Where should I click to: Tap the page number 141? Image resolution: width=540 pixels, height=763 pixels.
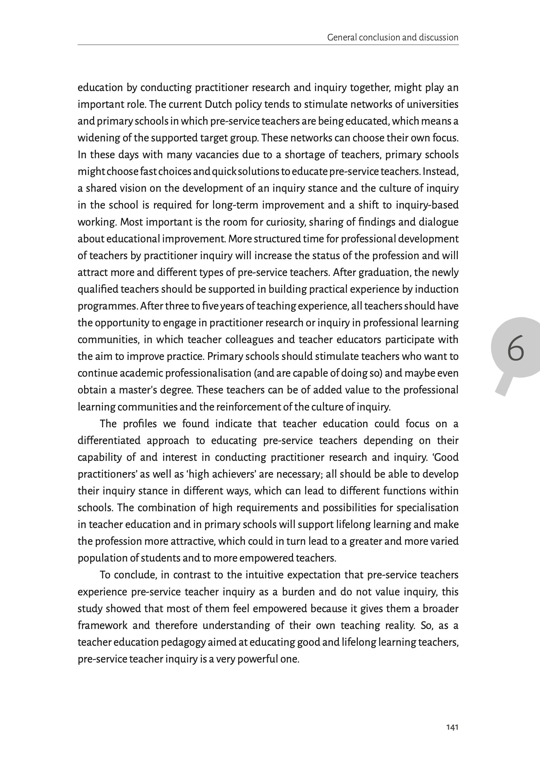tap(452, 727)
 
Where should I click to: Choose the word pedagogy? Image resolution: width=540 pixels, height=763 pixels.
tap(183, 642)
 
